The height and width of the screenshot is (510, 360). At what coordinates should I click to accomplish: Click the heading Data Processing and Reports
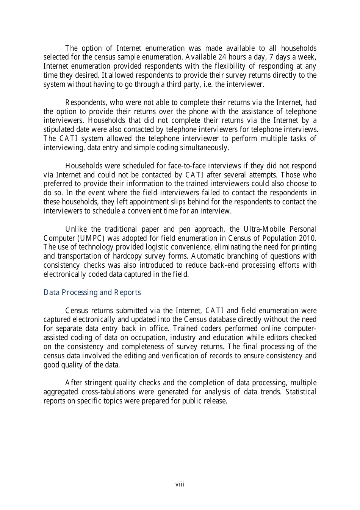(92, 292)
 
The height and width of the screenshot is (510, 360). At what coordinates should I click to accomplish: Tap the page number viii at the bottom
(180, 484)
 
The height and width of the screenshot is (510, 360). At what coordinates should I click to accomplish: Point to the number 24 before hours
(222, 57)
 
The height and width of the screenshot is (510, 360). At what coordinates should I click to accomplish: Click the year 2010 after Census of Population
(308, 238)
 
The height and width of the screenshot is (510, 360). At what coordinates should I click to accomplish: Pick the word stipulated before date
(58, 129)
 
